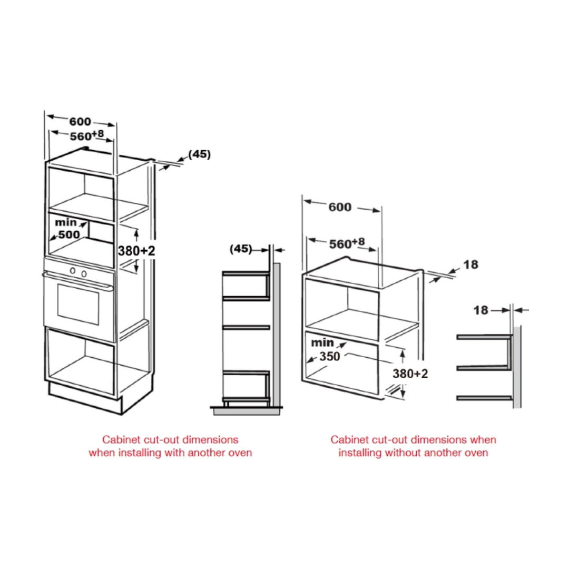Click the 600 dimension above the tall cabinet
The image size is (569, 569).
point(80,122)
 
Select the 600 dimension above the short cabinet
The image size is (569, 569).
point(340,207)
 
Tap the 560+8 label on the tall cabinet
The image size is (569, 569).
point(87,135)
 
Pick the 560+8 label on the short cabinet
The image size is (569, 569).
point(347,243)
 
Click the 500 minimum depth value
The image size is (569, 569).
point(69,235)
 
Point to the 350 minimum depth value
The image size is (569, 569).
point(329,356)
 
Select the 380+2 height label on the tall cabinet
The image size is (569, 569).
point(136,250)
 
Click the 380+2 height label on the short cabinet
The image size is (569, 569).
point(410,374)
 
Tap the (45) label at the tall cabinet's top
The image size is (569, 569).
point(199,154)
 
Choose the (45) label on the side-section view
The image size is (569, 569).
point(241,249)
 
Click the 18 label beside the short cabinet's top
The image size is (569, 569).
point(470,264)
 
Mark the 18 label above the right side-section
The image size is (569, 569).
point(481,310)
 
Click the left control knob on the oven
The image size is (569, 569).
point(73,271)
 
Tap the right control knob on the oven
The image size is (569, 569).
point(84,273)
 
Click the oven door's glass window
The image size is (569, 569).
point(78,304)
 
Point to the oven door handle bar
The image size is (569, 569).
point(78,282)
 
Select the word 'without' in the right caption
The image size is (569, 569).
point(403,453)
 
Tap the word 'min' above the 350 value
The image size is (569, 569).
point(322,342)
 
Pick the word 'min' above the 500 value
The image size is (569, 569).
point(66,222)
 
